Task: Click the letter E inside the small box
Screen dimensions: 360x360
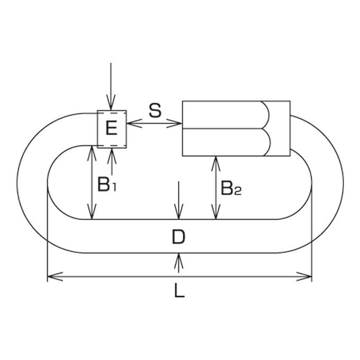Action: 112,128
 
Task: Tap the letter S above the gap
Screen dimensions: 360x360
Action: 155,111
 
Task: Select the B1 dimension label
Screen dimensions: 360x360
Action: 107,184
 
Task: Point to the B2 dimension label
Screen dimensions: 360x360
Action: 231,188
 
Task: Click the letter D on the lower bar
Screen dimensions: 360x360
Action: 178,237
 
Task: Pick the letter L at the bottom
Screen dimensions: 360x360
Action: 179,291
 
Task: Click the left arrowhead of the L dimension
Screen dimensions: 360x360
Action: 55,276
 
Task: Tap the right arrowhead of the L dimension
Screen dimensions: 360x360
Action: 304,276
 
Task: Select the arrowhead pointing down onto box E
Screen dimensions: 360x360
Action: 111,102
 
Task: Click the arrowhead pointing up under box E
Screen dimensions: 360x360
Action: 112,156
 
